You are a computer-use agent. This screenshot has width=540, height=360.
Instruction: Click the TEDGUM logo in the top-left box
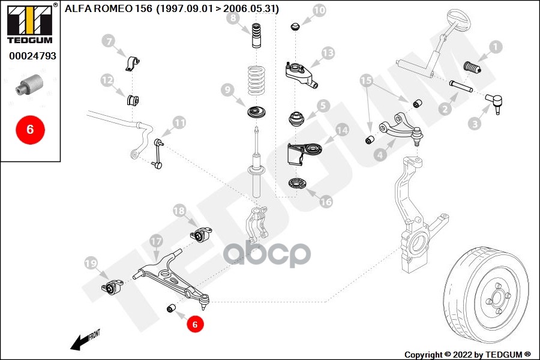(29, 25)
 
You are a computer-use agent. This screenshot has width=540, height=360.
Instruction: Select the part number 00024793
(32, 56)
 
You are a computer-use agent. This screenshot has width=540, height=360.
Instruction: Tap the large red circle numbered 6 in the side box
(30, 128)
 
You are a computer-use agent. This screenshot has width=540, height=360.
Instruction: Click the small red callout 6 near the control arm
(195, 324)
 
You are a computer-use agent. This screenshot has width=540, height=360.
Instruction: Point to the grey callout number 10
(319, 10)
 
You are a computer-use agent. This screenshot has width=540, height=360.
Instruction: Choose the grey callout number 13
(327, 53)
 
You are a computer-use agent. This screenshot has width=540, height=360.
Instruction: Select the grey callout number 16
(325, 202)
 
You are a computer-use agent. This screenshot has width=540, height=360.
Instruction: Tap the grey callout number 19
(91, 263)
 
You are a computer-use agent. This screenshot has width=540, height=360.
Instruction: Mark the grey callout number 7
(107, 41)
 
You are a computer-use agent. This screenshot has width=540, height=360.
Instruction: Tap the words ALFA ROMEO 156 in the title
(101, 9)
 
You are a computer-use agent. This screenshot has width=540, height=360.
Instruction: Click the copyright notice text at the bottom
(467, 354)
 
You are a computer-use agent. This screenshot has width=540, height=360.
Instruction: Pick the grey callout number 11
(180, 122)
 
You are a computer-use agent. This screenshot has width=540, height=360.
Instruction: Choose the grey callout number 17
(156, 241)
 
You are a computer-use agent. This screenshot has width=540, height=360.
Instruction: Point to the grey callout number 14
(341, 130)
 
